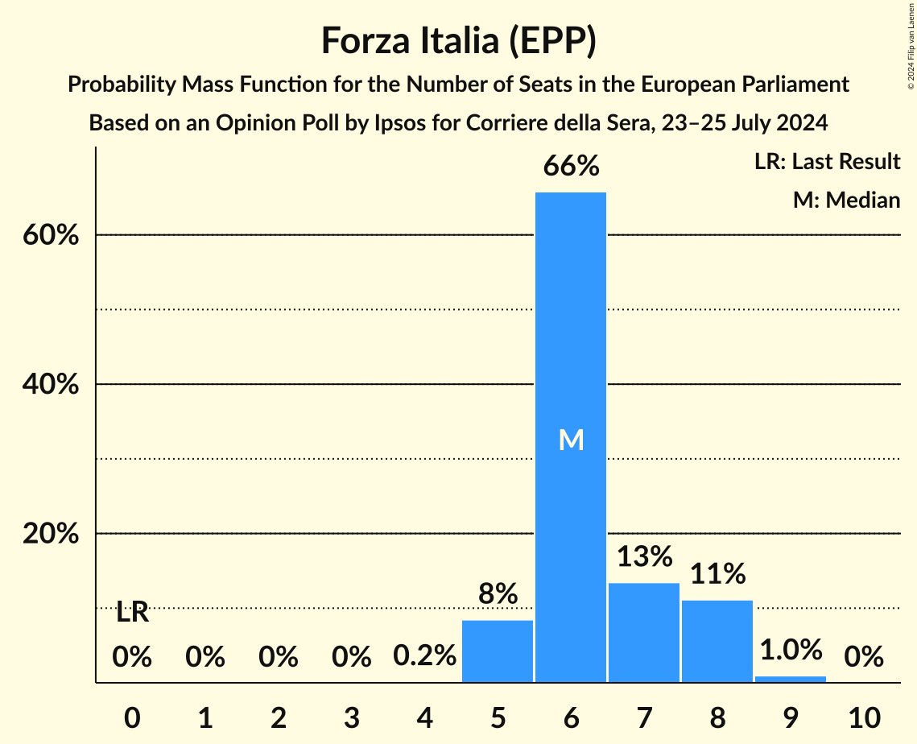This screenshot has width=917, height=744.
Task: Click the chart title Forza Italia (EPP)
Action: point(458,40)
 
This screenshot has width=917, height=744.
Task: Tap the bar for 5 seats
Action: point(498,651)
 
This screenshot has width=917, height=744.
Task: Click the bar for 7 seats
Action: point(644,633)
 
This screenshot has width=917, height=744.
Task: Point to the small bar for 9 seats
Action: point(791,679)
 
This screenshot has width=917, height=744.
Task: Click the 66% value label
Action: point(571,167)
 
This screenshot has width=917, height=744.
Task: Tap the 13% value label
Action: point(644,556)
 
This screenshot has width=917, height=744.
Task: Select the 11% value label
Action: point(717,574)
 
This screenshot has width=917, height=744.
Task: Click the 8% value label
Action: point(498,594)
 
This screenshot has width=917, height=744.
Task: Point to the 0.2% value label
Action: point(424,657)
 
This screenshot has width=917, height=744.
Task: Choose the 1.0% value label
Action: point(791,650)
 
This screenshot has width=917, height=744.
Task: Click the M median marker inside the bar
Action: point(571,440)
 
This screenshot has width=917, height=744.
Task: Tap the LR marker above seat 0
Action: point(132,613)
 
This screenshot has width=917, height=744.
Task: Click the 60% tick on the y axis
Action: point(50,236)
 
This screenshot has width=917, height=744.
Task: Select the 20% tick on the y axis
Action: point(50,535)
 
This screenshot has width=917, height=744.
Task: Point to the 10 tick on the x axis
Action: point(864,717)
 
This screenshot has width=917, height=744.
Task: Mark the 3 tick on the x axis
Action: point(351,717)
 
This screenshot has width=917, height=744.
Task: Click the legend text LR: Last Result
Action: point(827,162)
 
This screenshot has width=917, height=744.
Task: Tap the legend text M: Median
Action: point(846,200)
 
